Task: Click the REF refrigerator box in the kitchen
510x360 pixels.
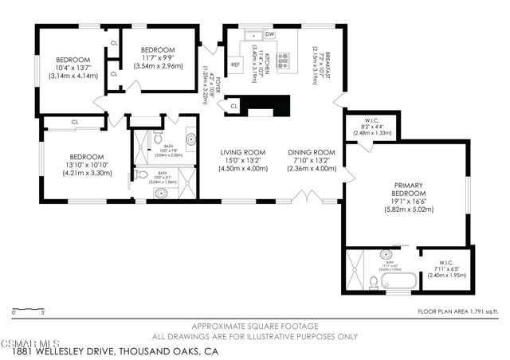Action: pos(235,65)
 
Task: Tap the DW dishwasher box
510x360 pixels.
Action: pos(270,35)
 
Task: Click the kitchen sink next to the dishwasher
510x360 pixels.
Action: pos(253,35)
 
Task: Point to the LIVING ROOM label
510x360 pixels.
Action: pos(243,152)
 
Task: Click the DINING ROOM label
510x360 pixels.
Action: pos(310,152)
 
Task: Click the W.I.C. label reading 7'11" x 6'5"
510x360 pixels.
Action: pos(446,256)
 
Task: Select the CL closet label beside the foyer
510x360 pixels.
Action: pos(233,106)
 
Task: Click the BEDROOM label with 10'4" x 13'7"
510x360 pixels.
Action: pos(73,60)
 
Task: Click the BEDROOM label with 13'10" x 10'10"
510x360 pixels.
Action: pos(84,157)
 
